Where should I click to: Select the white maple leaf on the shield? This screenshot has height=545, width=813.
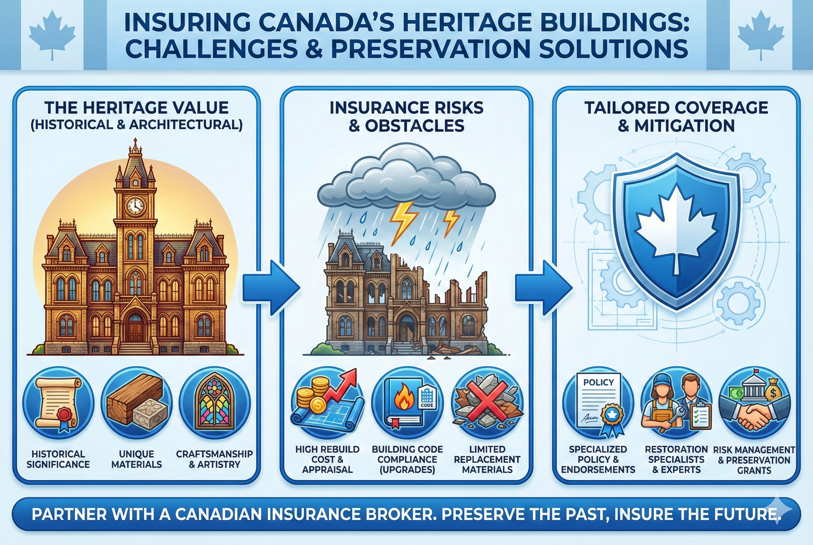coord(675,228)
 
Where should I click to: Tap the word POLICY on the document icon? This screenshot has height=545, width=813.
coord(598,382)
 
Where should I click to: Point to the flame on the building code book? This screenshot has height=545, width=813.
coord(404,400)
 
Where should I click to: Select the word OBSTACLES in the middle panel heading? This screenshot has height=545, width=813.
coord(414,126)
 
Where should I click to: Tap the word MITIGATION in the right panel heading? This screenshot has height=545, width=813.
coord(684,126)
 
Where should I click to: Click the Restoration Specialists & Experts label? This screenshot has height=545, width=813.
coord(676,459)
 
